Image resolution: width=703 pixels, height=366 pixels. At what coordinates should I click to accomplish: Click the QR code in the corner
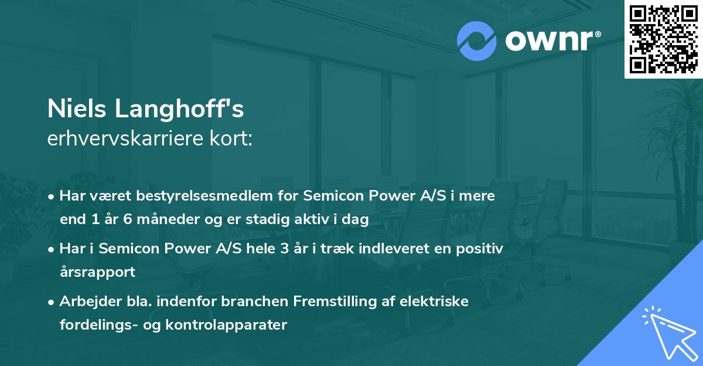click(x=664, y=39)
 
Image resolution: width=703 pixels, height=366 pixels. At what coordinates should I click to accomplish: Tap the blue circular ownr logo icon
click(x=477, y=40)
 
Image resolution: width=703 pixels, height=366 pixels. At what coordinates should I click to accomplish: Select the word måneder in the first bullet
click(x=155, y=220)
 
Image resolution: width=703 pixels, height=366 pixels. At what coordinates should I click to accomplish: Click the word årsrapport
click(x=97, y=272)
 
